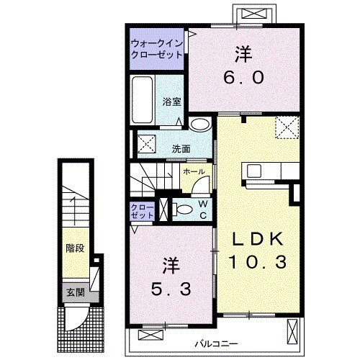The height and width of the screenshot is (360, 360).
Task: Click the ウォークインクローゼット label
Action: pyautogui.click(x=157, y=49)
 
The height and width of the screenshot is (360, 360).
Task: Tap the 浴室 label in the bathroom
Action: pyautogui.click(x=172, y=102)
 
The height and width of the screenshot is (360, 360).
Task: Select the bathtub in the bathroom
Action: pyautogui.click(x=143, y=99)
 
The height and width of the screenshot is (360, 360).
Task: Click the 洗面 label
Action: pyautogui.click(x=181, y=149)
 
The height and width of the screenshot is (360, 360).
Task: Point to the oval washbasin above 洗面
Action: pyautogui.click(x=199, y=125)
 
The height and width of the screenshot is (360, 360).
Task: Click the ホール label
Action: pyautogui.click(x=194, y=171)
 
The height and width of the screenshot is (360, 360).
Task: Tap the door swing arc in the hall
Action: pyautogui.click(x=200, y=183)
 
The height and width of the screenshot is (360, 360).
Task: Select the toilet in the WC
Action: pyautogui.click(x=183, y=209)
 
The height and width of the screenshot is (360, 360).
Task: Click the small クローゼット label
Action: pyautogui.click(x=142, y=211)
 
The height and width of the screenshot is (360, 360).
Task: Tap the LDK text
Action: pyautogui.click(x=258, y=239)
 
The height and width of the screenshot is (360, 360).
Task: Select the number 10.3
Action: pyautogui.click(x=258, y=262)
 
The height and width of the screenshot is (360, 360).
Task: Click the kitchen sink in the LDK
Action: pyautogui.click(x=254, y=171)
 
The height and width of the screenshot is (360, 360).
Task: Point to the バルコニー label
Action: pyautogui.click(x=216, y=344)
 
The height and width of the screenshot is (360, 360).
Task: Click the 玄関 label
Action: pyautogui.click(x=76, y=292)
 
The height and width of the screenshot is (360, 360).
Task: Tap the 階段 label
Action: pyautogui.click(x=75, y=248)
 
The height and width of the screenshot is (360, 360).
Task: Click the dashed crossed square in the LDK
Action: pyautogui.click(x=287, y=127)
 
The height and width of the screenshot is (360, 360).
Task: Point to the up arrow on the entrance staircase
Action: pyautogui.click(x=74, y=211)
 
